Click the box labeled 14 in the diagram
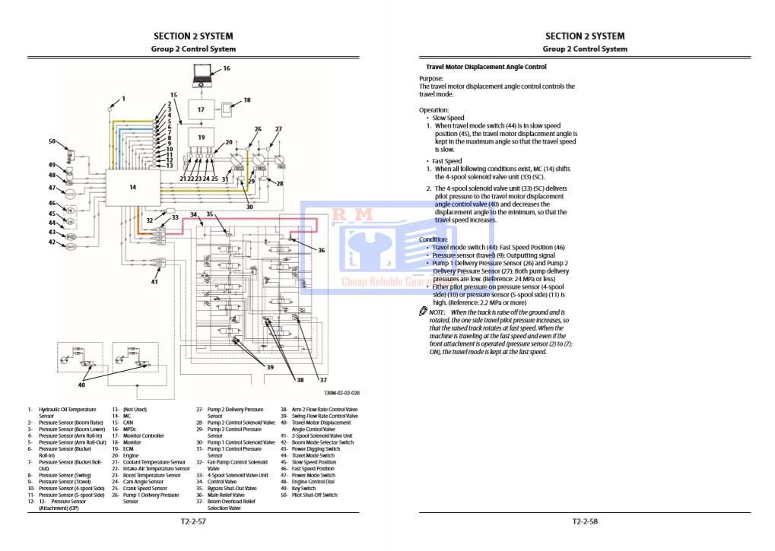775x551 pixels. pos(132,187)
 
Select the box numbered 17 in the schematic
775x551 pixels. pos(201,109)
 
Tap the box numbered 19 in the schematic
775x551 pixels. pos(201,138)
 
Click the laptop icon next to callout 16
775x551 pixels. pos(203,74)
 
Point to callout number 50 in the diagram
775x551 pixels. pos(52,141)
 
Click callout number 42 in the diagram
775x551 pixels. pos(52,242)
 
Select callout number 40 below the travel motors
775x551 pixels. pos(81,385)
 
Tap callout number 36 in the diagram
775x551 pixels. pos(321,250)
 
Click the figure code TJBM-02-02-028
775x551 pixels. pos(341,393)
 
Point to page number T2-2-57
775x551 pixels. pos(194,521)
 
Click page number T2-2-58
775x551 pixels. pos(585,521)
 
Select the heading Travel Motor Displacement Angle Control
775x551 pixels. pos(486,67)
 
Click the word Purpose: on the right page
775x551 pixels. pos(431,78)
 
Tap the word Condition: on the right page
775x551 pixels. pos(434,239)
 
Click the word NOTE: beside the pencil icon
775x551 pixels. pos(437,312)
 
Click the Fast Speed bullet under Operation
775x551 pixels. pos(446,161)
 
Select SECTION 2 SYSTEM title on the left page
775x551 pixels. pos(193,36)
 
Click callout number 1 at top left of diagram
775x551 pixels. pos(123,99)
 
